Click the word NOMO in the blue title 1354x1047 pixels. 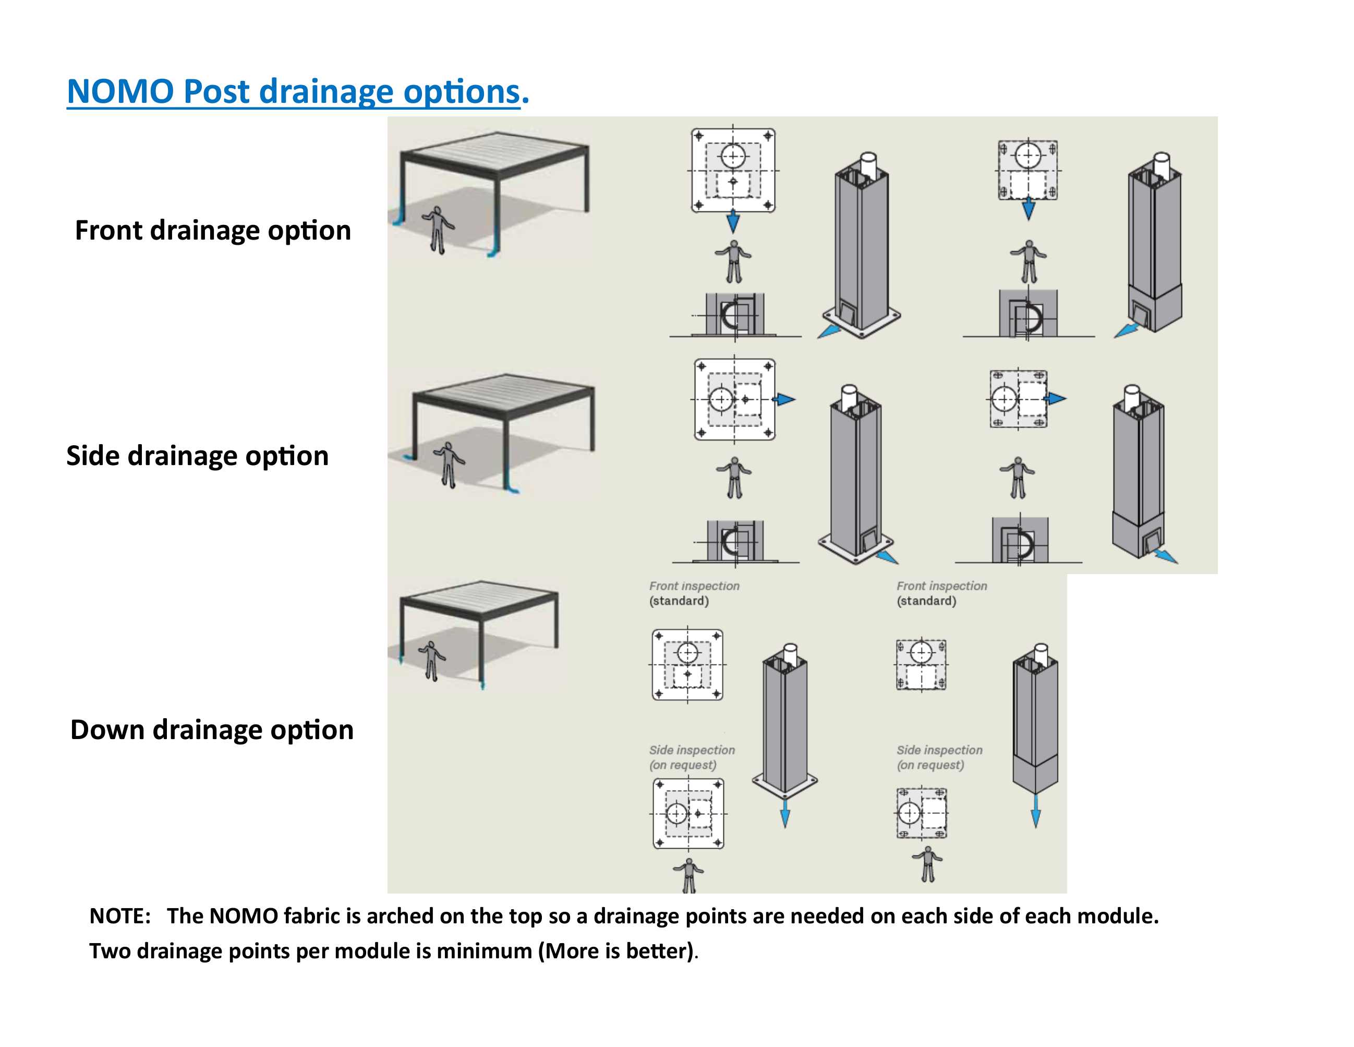(x=120, y=92)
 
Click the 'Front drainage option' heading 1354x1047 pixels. (x=213, y=231)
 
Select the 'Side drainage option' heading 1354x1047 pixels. (x=197, y=456)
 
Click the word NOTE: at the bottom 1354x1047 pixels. (x=119, y=916)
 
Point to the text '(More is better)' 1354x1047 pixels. (x=615, y=951)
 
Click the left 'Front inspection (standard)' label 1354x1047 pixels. (x=694, y=593)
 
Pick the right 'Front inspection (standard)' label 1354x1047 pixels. (x=941, y=593)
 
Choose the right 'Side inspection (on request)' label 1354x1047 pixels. (x=939, y=757)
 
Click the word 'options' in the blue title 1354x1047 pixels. (x=461, y=92)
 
